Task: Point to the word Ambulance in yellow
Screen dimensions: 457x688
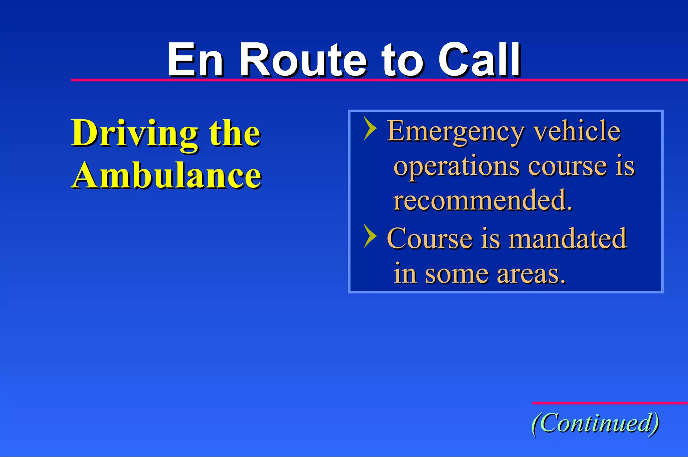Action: [166, 175]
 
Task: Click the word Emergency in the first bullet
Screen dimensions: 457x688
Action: [456, 131]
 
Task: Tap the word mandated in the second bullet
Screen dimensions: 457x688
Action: [567, 238]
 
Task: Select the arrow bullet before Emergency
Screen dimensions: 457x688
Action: [370, 128]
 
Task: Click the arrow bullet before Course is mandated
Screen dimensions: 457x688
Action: [370, 236]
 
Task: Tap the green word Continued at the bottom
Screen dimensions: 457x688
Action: [595, 423]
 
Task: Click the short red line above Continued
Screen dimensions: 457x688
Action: [610, 403]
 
